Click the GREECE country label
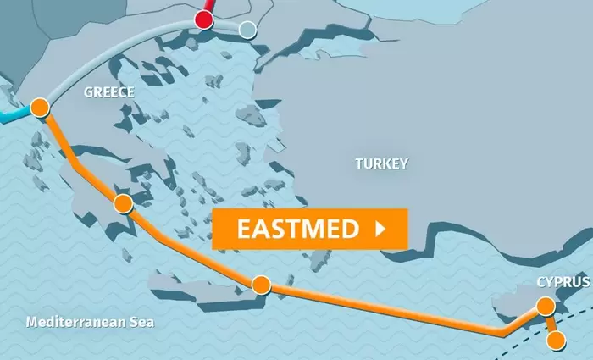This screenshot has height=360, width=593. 109,92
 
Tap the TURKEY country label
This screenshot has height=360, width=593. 381,163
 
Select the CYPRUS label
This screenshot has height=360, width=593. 563,281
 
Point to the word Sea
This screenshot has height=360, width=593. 144,323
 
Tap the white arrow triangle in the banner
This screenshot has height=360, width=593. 380,229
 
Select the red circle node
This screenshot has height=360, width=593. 204,19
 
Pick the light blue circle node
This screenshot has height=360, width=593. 247,30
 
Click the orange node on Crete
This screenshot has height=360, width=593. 261,285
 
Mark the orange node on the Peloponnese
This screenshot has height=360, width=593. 124,203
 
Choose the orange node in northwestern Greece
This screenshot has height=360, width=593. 39,108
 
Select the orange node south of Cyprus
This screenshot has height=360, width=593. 557,341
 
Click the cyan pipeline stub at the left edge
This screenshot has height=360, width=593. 10,114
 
